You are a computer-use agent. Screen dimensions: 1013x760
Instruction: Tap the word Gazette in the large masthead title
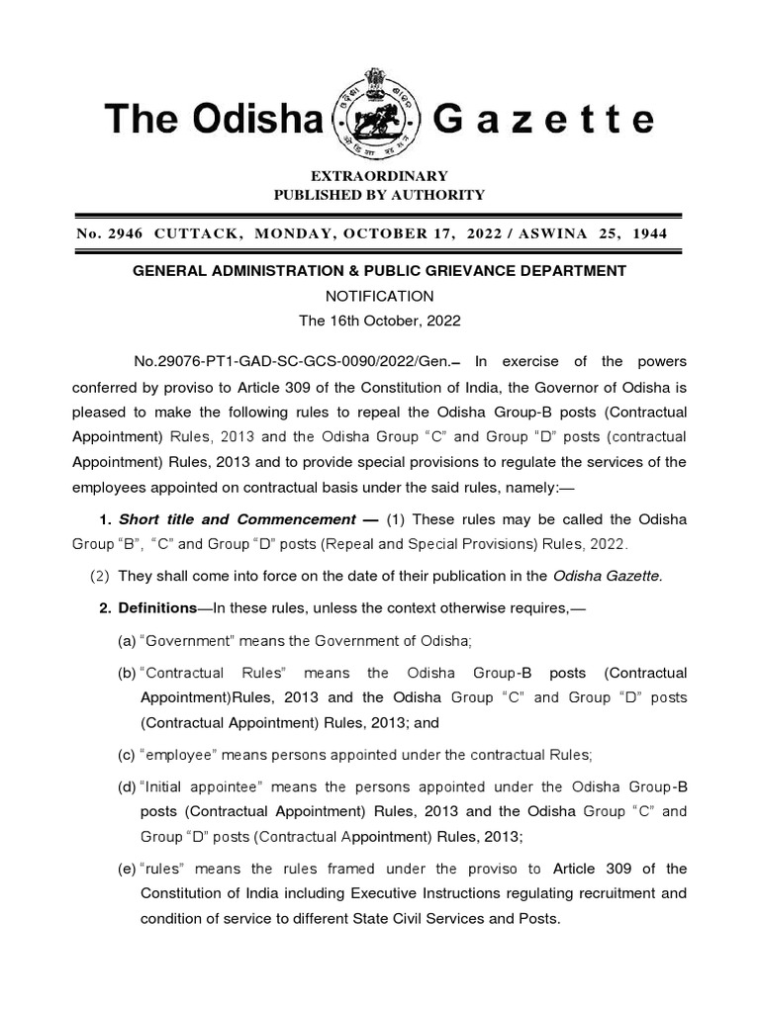click(x=544, y=120)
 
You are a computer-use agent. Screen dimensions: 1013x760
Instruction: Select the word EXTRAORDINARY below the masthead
click(x=379, y=176)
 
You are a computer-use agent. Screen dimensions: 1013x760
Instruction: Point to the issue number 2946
click(x=127, y=233)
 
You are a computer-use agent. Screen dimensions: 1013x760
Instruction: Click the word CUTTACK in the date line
click(x=197, y=233)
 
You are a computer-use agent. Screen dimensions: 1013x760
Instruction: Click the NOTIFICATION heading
click(x=380, y=296)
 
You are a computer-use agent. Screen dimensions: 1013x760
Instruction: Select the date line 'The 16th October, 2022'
click(x=380, y=322)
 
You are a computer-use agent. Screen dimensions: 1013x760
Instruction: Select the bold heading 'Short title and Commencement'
click(x=237, y=519)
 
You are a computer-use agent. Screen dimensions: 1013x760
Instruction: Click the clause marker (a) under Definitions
click(x=127, y=641)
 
